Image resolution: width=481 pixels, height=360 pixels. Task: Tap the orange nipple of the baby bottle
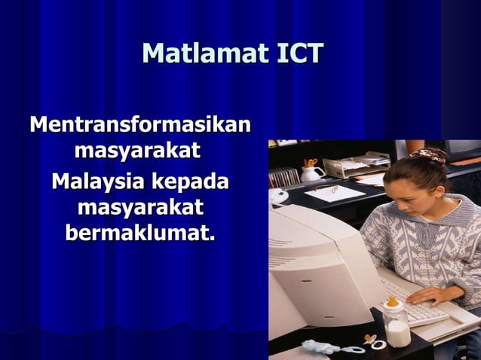click(391, 302)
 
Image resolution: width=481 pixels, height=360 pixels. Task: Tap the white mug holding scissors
click(311, 173)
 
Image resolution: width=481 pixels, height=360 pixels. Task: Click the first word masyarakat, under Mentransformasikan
click(137, 151)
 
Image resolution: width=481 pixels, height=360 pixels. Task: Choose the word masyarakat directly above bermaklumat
click(140, 206)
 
